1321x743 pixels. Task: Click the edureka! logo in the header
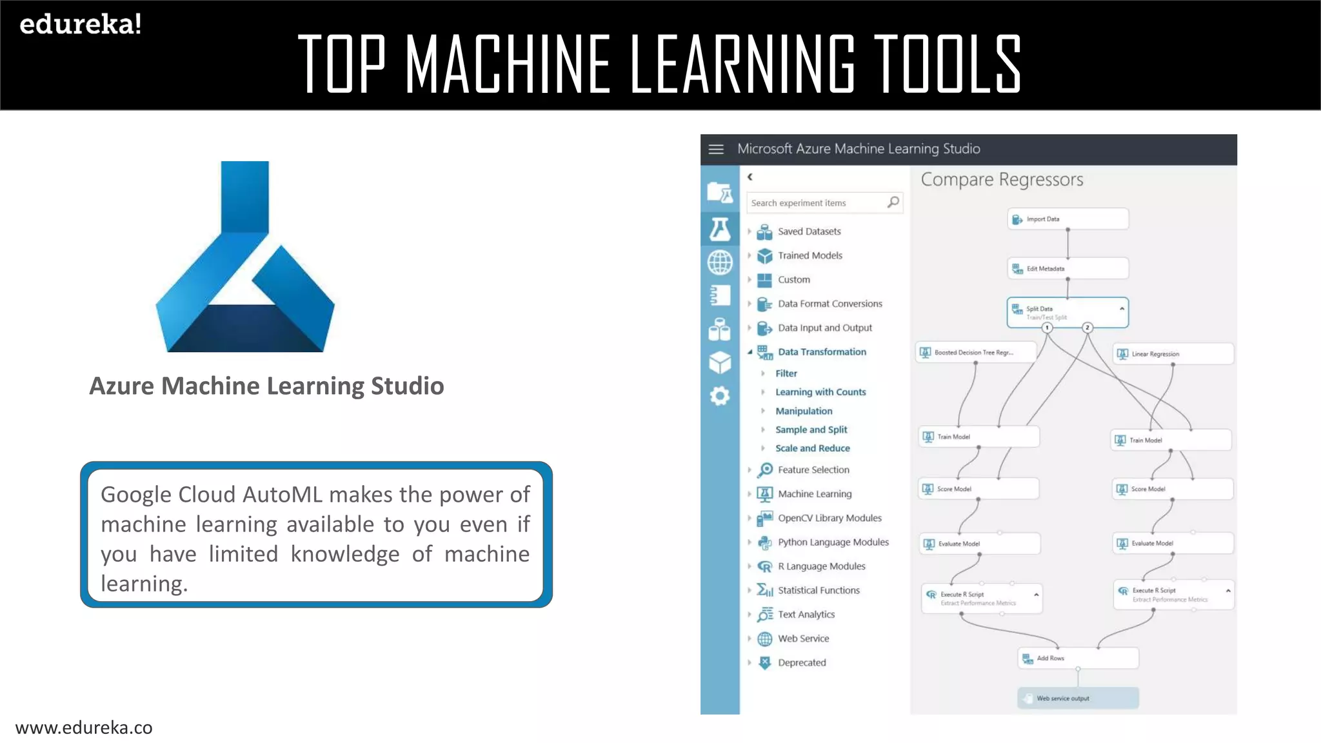tap(81, 25)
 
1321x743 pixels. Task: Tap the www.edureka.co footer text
tap(84, 728)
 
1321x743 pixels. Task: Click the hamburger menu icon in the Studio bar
tap(716, 149)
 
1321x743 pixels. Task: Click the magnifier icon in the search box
tap(893, 203)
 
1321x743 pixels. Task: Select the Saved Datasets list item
tap(809, 232)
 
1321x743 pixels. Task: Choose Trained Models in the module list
tap(809, 255)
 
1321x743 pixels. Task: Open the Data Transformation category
tap(821, 352)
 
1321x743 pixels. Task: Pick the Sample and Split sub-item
tap(811, 430)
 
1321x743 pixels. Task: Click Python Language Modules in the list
tap(833, 542)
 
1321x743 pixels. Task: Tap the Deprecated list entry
tap(801, 662)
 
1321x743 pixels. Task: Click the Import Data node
tap(1068, 219)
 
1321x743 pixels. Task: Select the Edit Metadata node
tap(1068, 268)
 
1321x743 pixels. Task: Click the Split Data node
tap(1067, 312)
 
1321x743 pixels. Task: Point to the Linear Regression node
tap(1173, 353)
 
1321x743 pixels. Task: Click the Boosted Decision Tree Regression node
tap(975, 353)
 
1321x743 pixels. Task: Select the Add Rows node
tap(1078, 659)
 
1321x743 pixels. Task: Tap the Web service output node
tap(1078, 698)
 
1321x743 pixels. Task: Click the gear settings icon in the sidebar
tap(720, 395)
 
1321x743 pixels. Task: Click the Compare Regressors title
tap(1002, 180)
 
